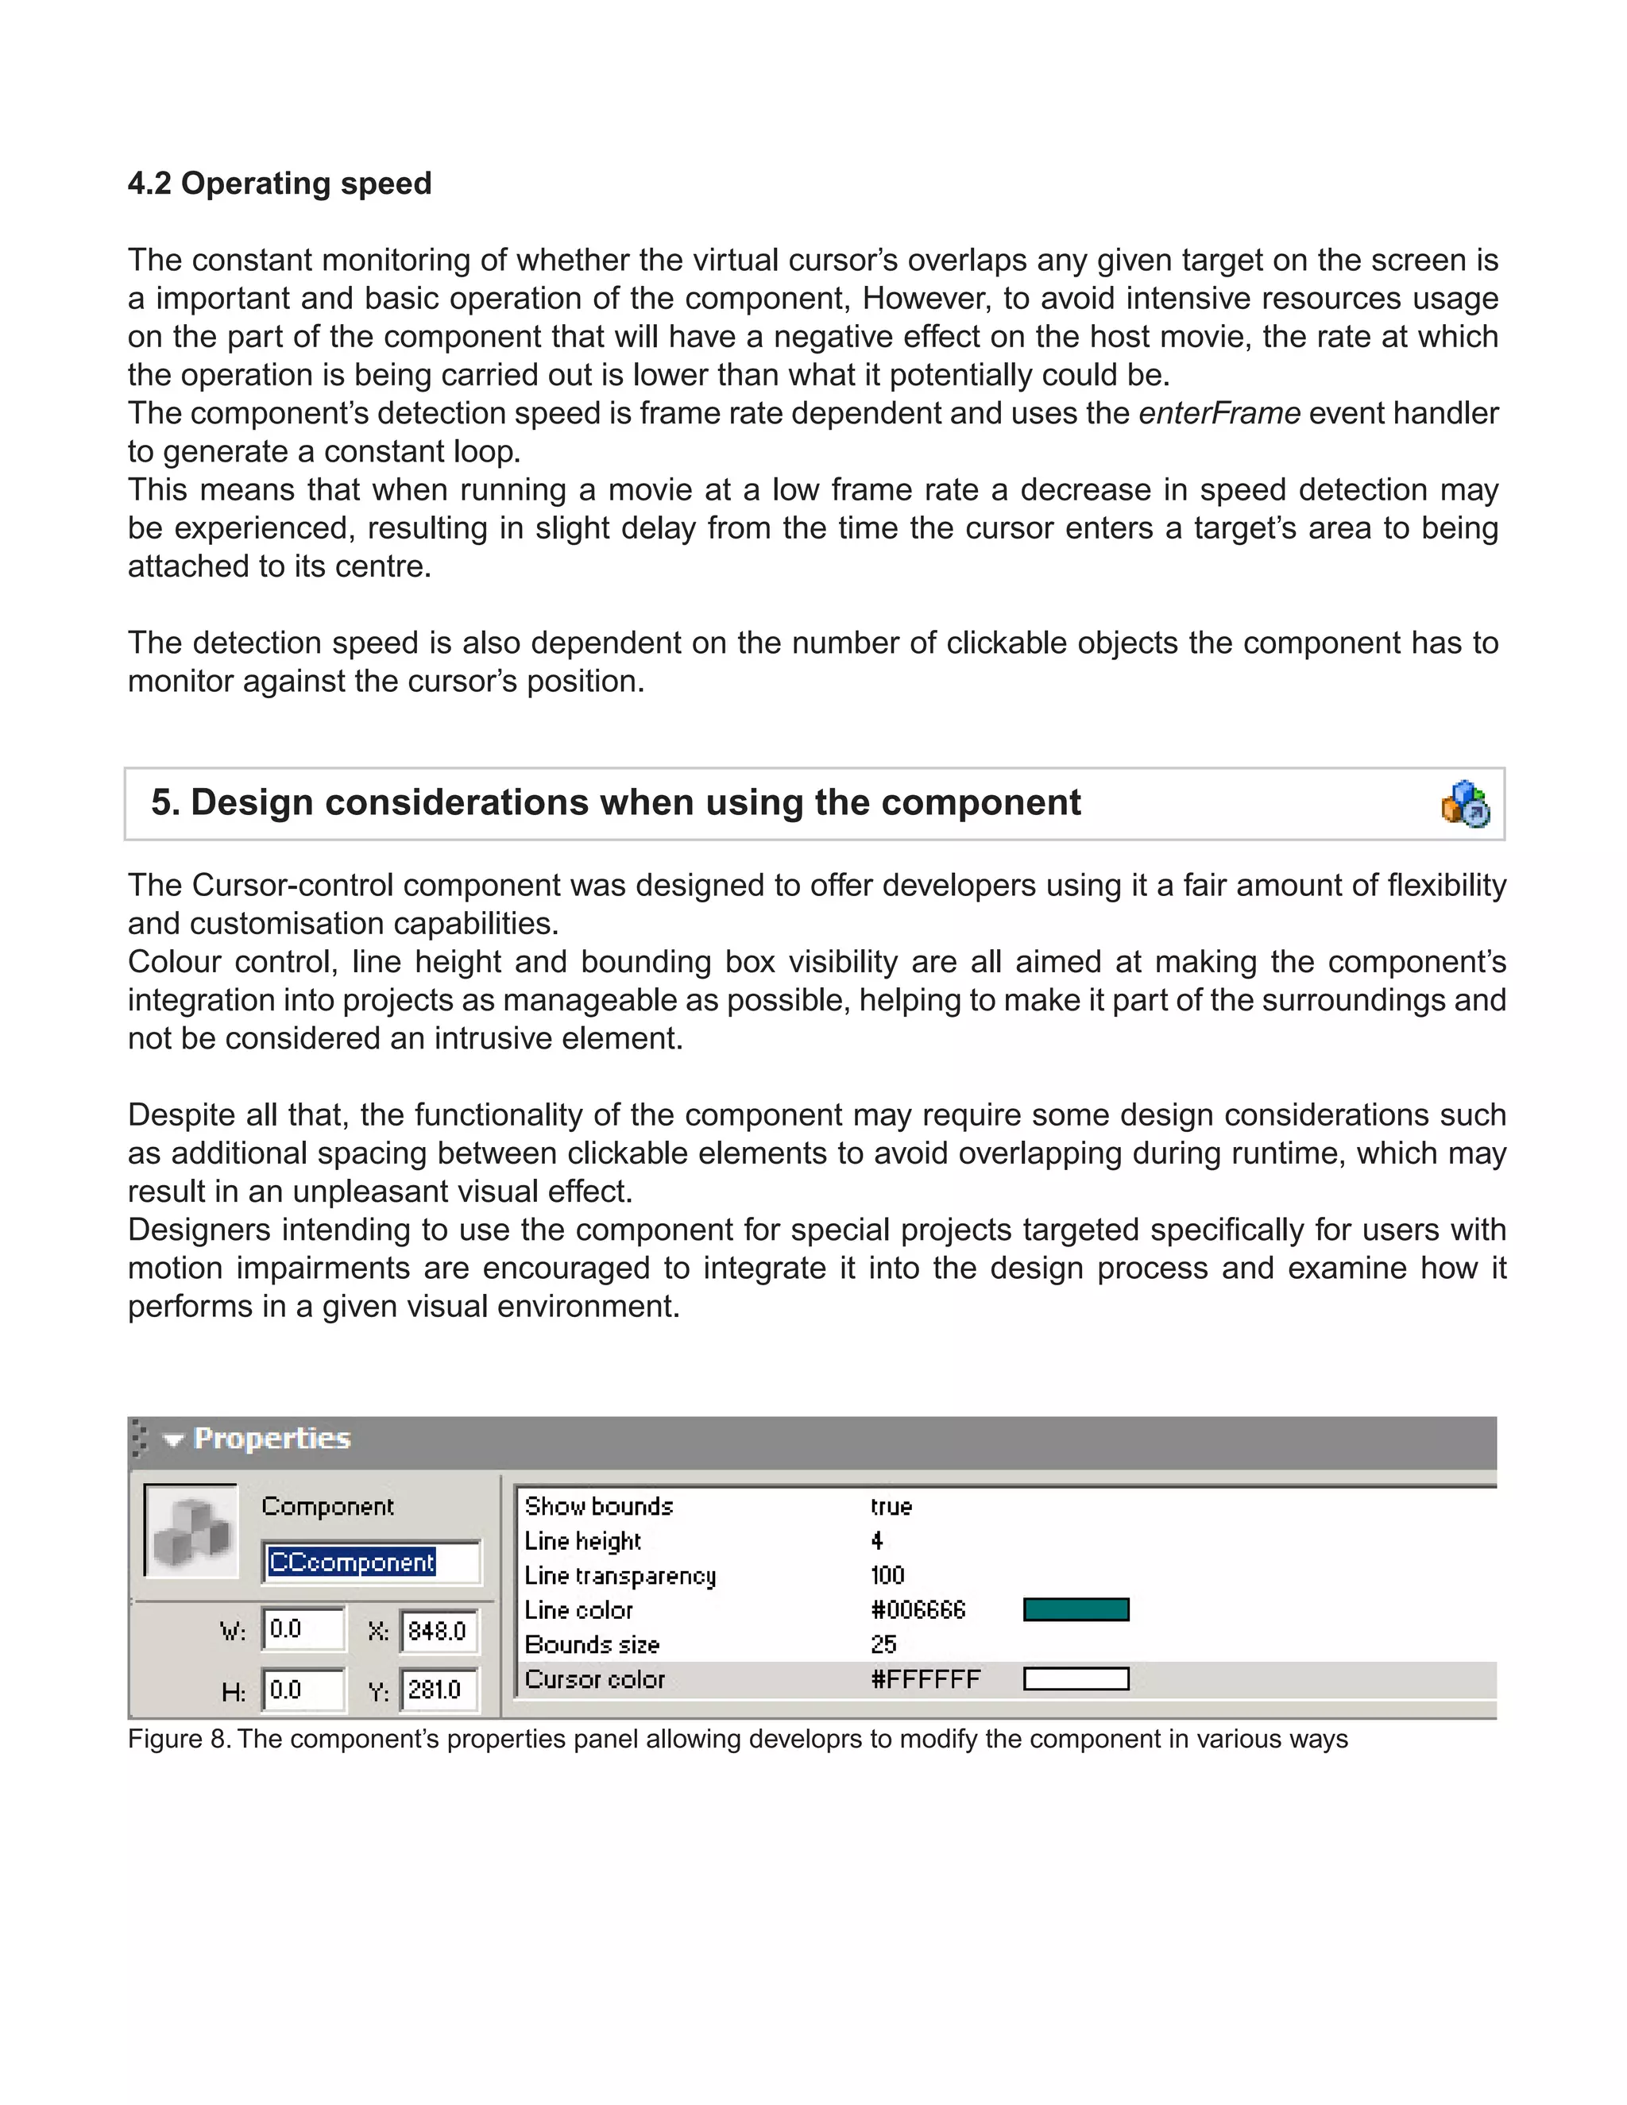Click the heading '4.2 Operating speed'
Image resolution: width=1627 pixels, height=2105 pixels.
point(280,183)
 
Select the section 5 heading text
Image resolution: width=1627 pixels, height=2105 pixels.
point(615,802)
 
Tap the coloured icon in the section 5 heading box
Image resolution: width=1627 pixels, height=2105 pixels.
point(1465,804)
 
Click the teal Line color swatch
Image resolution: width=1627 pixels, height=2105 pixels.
point(1076,1609)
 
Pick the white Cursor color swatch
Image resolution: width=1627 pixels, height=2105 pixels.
point(1076,1679)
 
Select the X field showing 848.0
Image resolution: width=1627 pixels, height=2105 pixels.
point(439,1630)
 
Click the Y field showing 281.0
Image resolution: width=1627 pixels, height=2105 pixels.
point(439,1689)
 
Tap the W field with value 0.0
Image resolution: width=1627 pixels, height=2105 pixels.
point(302,1629)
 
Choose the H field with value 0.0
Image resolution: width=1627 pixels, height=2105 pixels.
point(302,1689)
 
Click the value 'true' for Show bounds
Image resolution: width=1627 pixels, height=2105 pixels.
point(891,1506)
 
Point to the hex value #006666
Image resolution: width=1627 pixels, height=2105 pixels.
point(918,1609)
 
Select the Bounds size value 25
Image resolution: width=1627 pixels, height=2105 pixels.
point(883,1644)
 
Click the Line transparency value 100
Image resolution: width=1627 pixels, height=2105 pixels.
point(887,1575)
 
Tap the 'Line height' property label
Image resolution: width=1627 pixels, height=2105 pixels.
point(582,1540)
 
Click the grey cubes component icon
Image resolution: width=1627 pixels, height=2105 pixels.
point(191,1531)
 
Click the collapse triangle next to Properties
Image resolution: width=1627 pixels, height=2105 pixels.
point(173,1440)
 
